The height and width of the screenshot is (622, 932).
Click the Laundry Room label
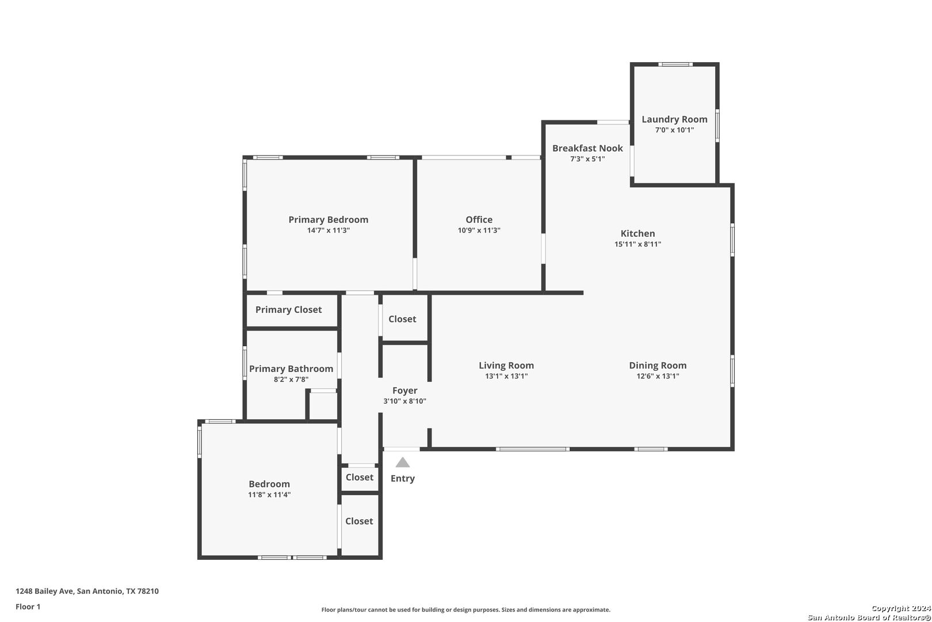674,119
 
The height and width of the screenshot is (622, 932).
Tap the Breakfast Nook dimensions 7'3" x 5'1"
587,159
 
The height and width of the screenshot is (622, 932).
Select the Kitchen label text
637,233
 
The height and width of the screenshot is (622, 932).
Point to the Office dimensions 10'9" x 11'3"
479,230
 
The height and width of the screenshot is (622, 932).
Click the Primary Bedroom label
329,219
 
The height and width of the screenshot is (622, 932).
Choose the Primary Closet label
288,309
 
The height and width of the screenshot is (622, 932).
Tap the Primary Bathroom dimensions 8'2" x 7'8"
291,380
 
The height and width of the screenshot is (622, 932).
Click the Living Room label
506,365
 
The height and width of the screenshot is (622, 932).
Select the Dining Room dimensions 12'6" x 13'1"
658,376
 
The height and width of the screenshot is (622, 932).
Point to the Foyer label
404,391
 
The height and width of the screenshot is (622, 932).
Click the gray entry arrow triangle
402,462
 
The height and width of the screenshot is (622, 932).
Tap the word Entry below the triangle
402,478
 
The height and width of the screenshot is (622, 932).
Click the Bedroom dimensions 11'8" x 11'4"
269,495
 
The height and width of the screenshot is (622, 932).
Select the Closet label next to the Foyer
402,319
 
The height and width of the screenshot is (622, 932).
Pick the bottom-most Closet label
358,521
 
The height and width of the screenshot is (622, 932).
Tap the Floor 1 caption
28,606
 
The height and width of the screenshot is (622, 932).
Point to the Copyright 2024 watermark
901,608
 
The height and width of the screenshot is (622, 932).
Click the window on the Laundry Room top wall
675,64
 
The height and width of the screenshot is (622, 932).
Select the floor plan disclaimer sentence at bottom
465,610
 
